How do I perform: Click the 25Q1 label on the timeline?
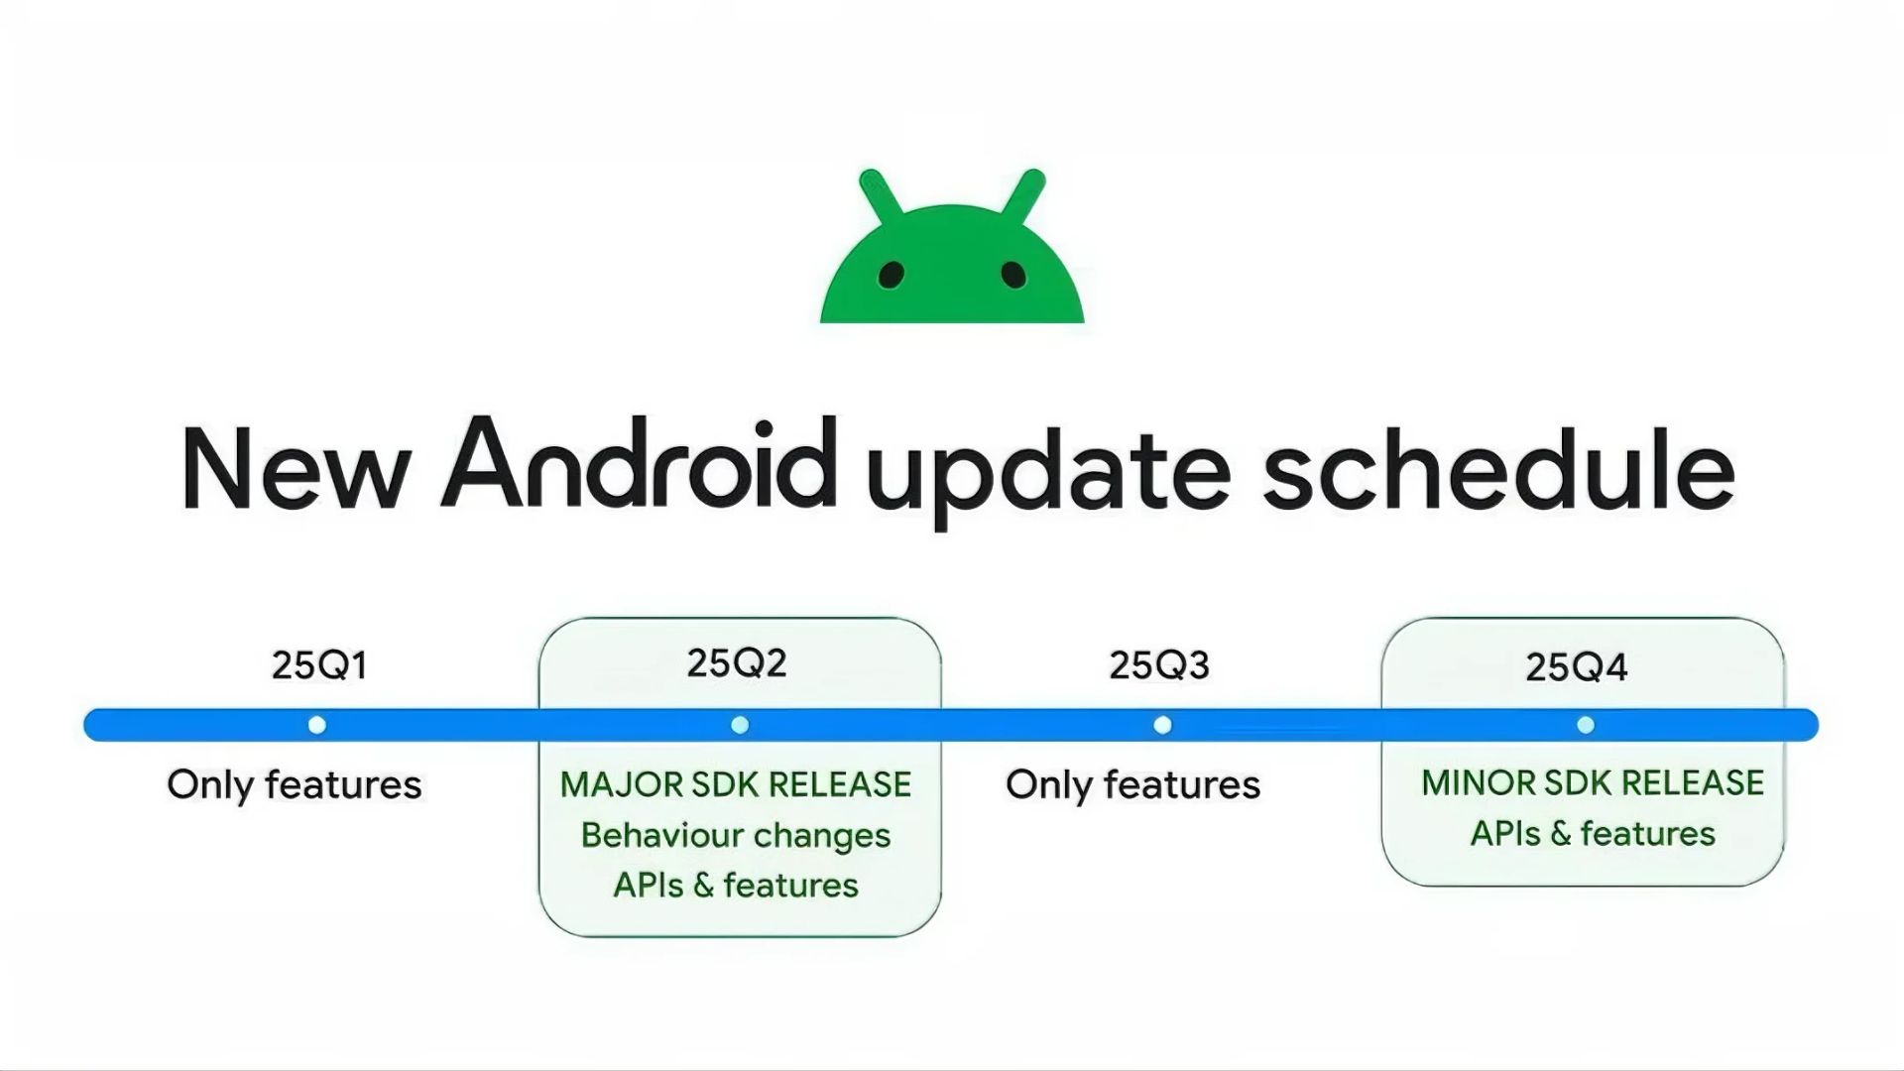(x=319, y=664)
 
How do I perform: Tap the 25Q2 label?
(x=737, y=662)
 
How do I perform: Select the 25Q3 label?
(x=1159, y=664)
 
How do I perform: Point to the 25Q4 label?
(x=1577, y=666)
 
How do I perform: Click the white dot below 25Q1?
(x=317, y=725)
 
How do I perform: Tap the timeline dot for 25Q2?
(x=740, y=725)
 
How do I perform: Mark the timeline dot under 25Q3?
(x=1163, y=725)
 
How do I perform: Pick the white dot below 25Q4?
(x=1586, y=725)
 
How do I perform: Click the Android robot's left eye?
(x=892, y=274)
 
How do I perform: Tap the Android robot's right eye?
(x=1013, y=274)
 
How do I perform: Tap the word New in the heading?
(x=296, y=469)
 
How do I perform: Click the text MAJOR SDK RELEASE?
(x=736, y=784)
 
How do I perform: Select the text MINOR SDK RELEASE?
(x=1593, y=782)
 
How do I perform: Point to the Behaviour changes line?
(x=736, y=835)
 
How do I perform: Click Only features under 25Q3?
(x=1132, y=784)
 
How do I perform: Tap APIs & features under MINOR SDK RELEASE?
(x=1593, y=833)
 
